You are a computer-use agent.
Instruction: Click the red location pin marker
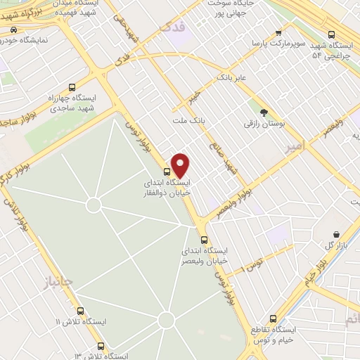pyautogui.click(x=181, y=165)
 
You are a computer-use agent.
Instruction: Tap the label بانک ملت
pyautogui.click(x=189, y=121)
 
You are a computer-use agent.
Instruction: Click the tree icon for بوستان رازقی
pyautogui.click(x=264, y=112)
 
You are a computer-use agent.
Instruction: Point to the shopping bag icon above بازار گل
pyautogui.click(x=337, y=234)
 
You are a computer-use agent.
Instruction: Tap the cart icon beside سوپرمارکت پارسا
pyautogui.click(x=278, y=32)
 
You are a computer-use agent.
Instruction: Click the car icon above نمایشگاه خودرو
pyautogui.click(x=14, y=30)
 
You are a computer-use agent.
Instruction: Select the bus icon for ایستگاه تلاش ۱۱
pyautogui.click(x=80, y=310)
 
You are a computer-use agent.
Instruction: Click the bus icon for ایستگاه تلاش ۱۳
pyautogui.click(x=101, y=346)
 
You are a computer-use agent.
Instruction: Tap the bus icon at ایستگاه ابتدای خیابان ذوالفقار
pyautogui.click(x=167, y=172)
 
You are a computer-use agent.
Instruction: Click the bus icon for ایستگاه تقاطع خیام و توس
pyautogui.click(x=273, y=319)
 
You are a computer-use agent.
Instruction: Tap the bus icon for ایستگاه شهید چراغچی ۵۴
pyautogui.click(x=332, y=34)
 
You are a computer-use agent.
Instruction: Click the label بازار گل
pyautogui.click(x=337, y=245)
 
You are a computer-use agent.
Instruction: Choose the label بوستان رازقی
pyautogui.click(x=262, y=124)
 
